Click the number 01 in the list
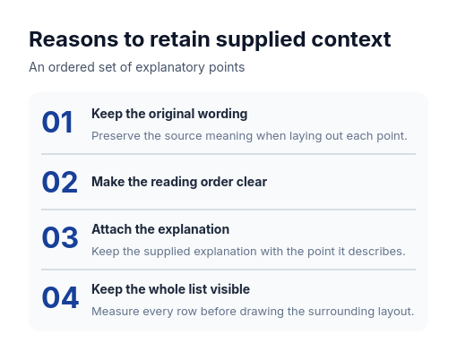(x=57, y=122)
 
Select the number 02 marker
(x=60, y=182)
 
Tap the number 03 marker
(x=60, y=237)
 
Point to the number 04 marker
(x=60, y=297)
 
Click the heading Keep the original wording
(x=169, y=114)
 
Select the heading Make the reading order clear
(x=179, y=182)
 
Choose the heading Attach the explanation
(x=160, y=229)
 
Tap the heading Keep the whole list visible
(x=170, y=289)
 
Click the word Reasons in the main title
(x=73, y=39)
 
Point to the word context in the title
(x=351, y=39)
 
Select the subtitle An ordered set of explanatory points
(x=137, y=67)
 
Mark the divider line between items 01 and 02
(x=228, y=154)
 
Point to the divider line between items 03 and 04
(x=228, y=270)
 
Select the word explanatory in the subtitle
(x=170, y=67)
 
